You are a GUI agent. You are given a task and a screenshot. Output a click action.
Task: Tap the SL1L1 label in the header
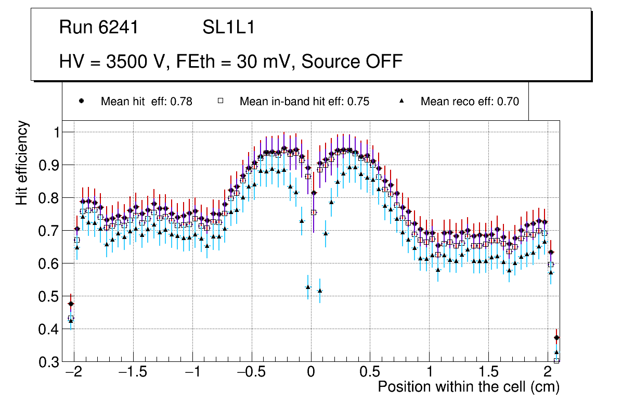tap(228, 28)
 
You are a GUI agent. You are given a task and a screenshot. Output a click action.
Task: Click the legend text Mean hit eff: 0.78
tap(146, 102)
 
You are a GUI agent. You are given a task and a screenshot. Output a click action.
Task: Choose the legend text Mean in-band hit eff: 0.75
tap(304, 102)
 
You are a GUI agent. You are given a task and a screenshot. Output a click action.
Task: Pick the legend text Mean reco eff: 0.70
tap(470, 102)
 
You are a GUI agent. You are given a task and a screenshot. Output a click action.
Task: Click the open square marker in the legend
tap(221, 101)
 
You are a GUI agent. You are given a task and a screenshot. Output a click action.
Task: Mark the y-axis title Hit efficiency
tap(22, 162)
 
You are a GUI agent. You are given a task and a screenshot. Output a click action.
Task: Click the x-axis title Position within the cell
tap(468, 387)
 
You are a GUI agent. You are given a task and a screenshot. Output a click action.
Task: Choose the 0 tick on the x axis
tap(311, 373)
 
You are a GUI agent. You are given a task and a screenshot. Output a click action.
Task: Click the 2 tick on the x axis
tap(548, 373)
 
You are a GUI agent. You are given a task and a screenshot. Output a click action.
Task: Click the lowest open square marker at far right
tap(556, 360)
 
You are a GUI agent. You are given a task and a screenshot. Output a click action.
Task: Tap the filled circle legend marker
tap(81, 101)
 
